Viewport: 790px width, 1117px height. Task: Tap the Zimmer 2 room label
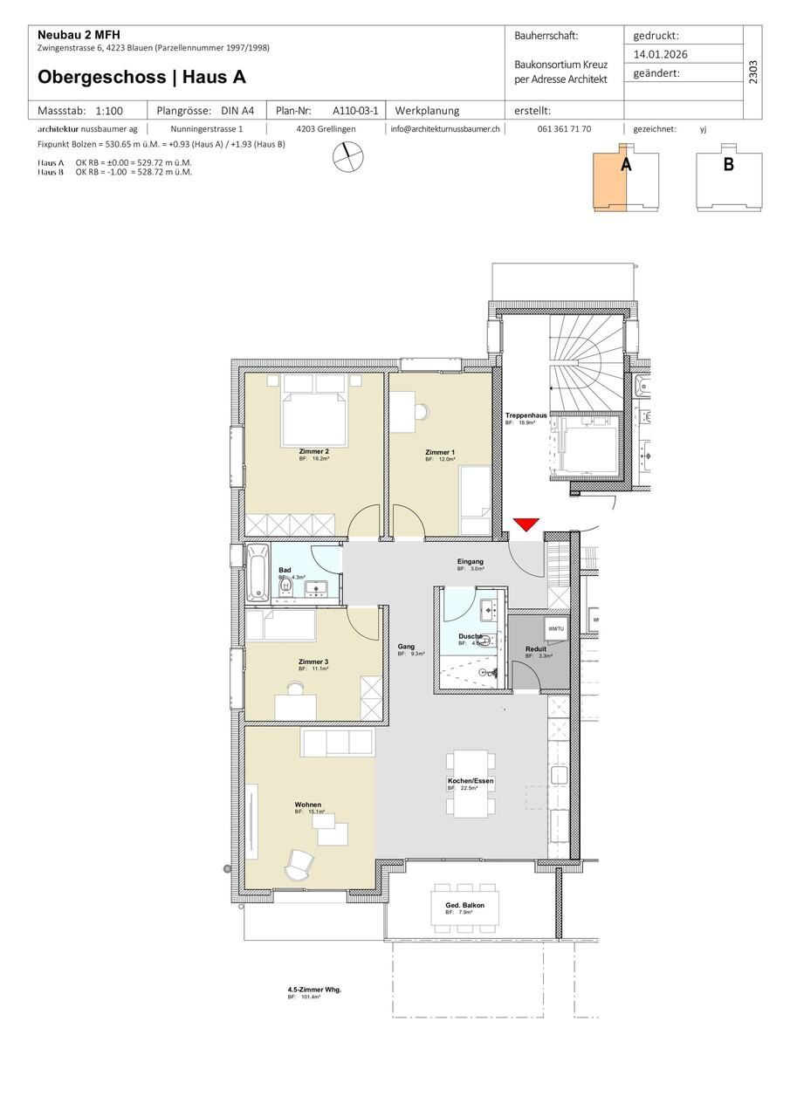click(x=313, y=451)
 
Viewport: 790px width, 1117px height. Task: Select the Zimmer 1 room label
click(x=440, y=452)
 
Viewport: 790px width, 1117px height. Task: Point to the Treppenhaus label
click(x=526, y=415)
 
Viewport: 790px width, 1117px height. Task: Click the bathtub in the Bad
click(x=258, y=572)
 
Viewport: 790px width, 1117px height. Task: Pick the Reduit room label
click(x=536, y=649)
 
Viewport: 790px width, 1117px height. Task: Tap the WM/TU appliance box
click(x=555, y=628)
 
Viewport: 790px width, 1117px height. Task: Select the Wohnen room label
click(x=308, y=805)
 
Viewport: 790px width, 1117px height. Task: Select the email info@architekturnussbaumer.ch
click(x=445, y=128)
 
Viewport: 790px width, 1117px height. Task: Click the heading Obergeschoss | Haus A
click(x=141, y=77)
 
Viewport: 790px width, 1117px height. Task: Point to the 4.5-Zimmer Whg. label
click(x=314, y=990)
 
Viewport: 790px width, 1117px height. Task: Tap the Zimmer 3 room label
click(x=313, y=662)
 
